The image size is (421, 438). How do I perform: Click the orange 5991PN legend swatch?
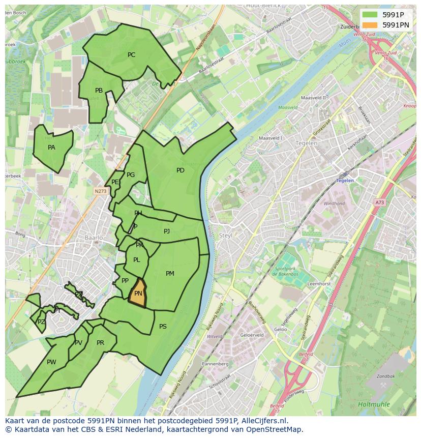[370, 24]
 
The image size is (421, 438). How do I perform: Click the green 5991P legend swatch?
[370, 15]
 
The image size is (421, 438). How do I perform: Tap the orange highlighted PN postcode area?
[138, 294]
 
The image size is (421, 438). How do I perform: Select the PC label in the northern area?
[131, 55]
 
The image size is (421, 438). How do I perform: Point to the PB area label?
[99, 91]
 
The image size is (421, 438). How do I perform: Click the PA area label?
[51, 148]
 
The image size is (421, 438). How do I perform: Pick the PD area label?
[180, 170]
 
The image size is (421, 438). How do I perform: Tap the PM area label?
[170, 274]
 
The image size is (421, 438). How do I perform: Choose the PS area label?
[163, 327]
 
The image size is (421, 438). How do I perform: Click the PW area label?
[51, 362]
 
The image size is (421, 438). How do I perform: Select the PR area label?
[100, 343]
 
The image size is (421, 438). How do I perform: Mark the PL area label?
[136, 260]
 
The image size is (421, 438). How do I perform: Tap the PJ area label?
[167, 231]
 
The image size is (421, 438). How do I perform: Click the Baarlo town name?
[94, 238]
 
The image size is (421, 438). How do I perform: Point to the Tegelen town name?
[306, 143]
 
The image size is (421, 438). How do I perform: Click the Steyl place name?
[225, 236]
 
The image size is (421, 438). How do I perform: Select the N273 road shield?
[100, 191]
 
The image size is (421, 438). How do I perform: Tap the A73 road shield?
[380, 202]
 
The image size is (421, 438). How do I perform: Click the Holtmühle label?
[374, 404]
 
